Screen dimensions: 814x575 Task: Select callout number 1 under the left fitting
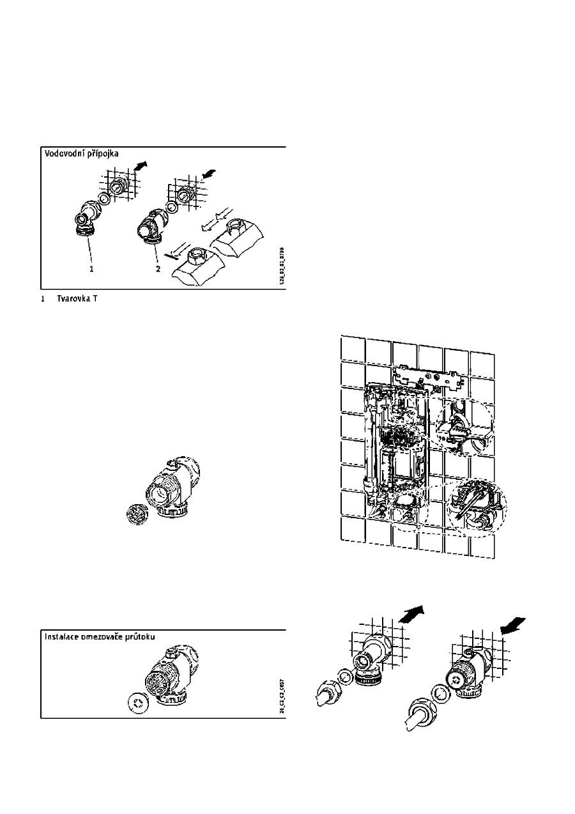coord(91,269)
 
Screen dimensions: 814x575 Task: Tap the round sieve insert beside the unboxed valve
coord(135,513)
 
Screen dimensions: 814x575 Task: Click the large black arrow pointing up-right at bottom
coord(413,616)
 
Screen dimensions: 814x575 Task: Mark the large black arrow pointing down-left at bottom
coord(512,625)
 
